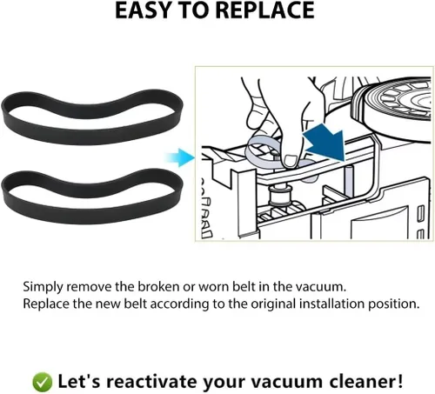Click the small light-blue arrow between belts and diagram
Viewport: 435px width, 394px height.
[180, 157]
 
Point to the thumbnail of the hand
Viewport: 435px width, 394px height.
[291, 160]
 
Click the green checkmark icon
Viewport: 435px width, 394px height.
[42, 382]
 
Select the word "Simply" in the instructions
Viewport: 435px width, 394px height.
[43, 287]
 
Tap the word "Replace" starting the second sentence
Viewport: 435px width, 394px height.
[46, 304]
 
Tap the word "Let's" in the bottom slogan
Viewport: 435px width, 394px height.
[79, 381]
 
